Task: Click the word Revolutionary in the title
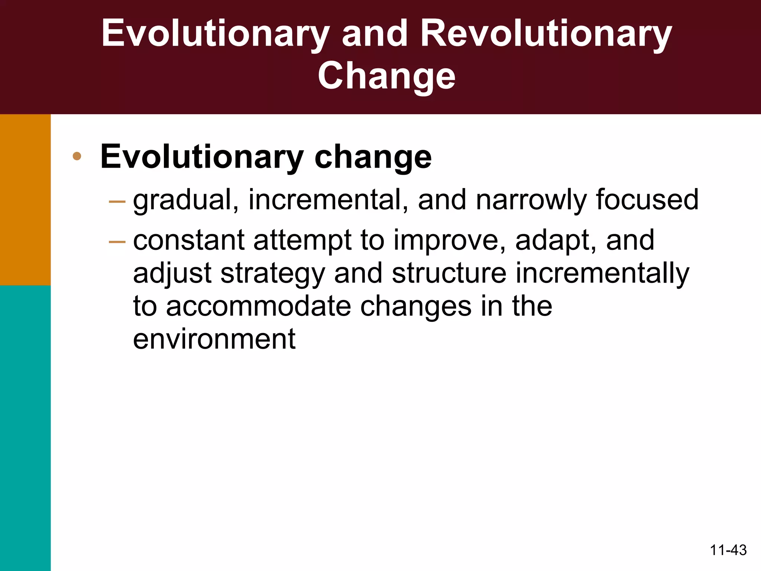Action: coord(546,34)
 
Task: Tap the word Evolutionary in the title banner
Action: coord(216,34)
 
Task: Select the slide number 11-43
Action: coord(728,550)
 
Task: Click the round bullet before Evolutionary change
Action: coord(77,156)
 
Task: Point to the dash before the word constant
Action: coord(117,242)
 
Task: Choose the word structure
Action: coord(449,273)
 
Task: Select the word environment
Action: coord(214,339)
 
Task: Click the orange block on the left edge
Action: coord(25,200)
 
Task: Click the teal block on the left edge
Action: coord(25,428)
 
